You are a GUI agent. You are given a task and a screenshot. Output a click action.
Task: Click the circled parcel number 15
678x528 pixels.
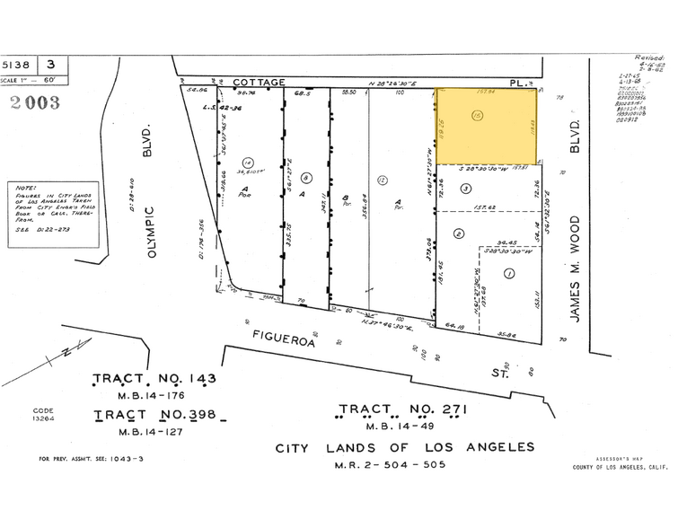click(x=477, y=115)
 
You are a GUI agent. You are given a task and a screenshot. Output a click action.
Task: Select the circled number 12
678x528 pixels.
click(x=382, y=180)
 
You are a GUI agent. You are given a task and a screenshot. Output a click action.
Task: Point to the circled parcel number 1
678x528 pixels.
click(x=508, y=273)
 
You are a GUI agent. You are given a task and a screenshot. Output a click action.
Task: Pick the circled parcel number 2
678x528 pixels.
click(x=458, y=233)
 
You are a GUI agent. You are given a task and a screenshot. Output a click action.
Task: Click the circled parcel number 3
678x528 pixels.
click(x=465, y=188)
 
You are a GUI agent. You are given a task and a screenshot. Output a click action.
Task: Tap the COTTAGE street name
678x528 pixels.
click(x=260, y=81)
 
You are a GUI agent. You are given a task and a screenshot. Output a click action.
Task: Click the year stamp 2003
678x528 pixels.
click(x=35, y=102)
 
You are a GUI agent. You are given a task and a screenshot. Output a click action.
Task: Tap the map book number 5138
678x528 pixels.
click(x=19, y=65)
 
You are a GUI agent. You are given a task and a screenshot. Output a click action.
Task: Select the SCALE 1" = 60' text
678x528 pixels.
click(x=31, y=81)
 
